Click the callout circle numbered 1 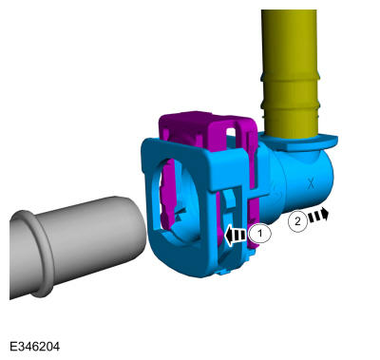[x=260, y=234]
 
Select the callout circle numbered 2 [x=297, y=220]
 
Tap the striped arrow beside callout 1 [x=236, y=236]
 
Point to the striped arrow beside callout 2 [x=318, y=215]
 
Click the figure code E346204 [x=34, y=346]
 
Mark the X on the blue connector [x=311, y=182]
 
